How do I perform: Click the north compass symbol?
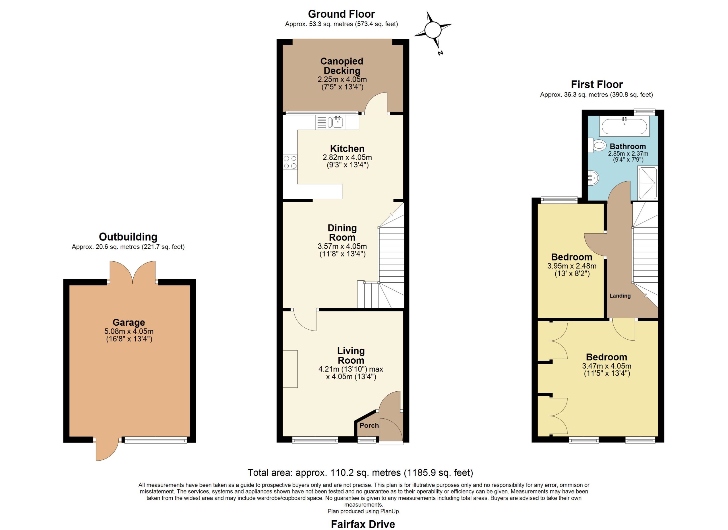(x=433, y=30)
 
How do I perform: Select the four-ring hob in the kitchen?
(x=290, y=162)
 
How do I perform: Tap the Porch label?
(x=369, y=425)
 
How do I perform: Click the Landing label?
(x=620, y=296)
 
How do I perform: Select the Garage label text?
(x=129, y=322)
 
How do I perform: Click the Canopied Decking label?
(x=342, y=66)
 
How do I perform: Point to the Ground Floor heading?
(x=341, y=14)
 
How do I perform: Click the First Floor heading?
(x=597, y=85)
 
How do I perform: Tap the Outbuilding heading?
(x=128, y=237)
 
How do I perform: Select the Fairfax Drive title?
(x=363, y=524)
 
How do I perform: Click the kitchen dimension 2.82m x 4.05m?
(x=347, y=157)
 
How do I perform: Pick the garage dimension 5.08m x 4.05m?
(x=129, y=331)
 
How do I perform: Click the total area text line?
(x=360, y=473)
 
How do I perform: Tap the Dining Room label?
(x=342, y=233)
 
